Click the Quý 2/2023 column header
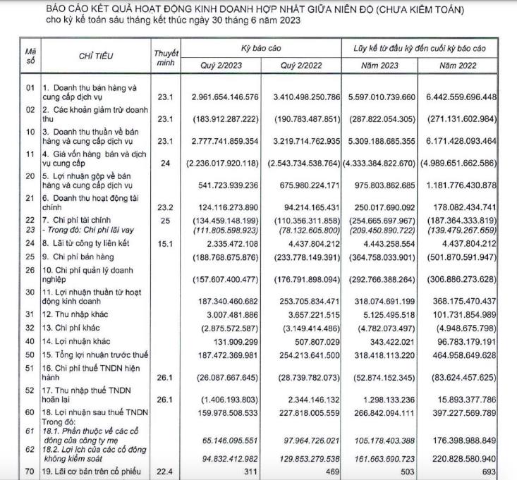point(222,65)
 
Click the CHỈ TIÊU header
point(96,55)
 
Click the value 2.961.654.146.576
point(221,96)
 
